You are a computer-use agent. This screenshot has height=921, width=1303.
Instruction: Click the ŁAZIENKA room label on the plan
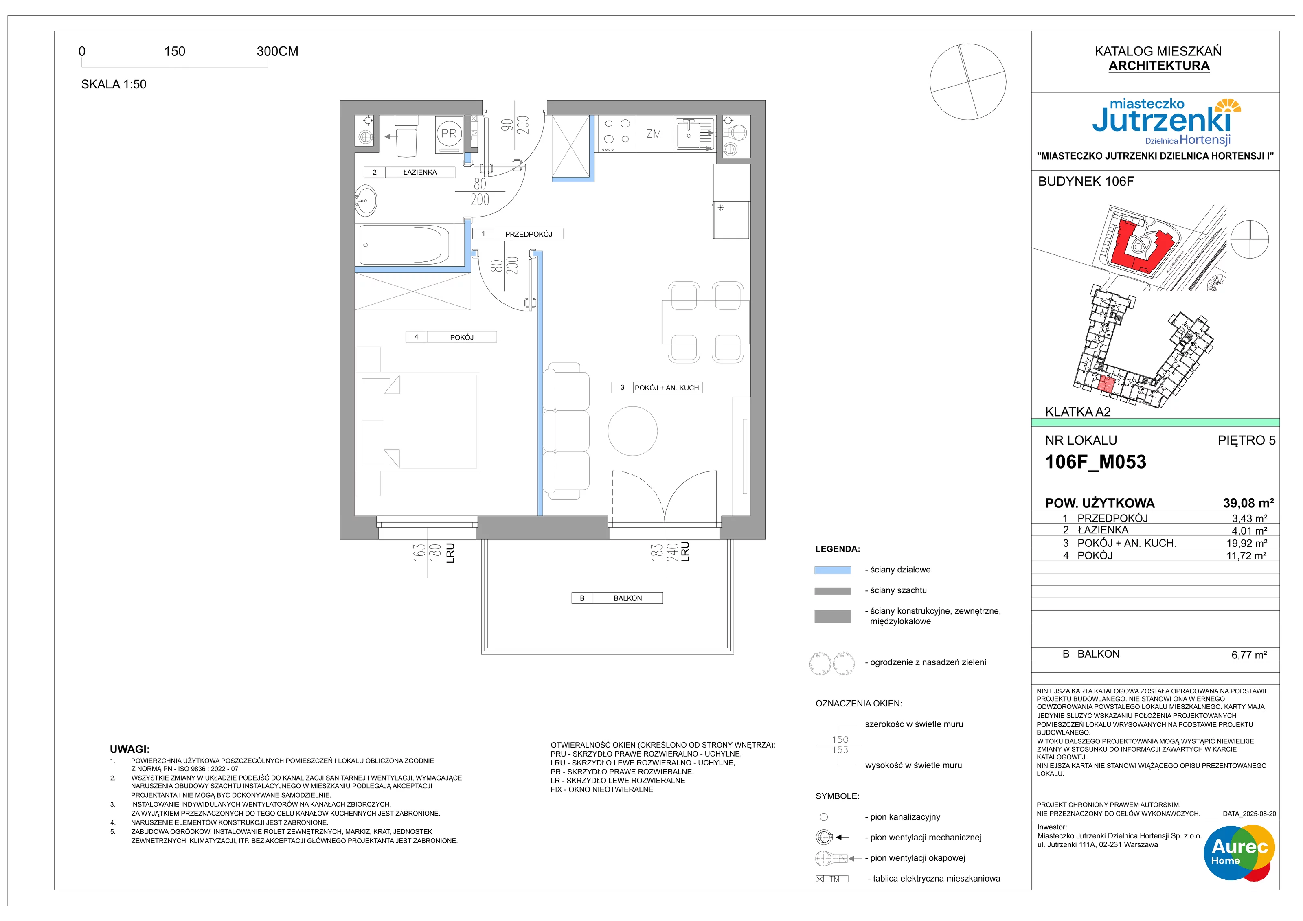point(420,172)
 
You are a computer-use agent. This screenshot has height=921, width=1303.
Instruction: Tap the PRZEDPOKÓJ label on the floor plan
point(529,234)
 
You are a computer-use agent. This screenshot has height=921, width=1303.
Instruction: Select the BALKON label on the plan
point(627,598)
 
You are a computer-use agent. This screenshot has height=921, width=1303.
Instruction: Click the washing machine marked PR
point(448,134)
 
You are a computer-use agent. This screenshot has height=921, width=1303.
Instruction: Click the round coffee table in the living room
point(632,431)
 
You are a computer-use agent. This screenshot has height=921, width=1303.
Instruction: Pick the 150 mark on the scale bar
point(175,51)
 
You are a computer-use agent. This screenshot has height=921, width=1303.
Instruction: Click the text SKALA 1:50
point(114,84)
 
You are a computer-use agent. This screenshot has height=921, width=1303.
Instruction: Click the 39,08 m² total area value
point(1248,503)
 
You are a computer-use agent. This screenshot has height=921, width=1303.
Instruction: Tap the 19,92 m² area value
point(1247,543)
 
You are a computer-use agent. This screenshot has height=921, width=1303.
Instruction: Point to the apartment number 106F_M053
point(1095,462)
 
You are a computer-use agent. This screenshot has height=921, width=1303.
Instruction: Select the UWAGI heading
point(130,749)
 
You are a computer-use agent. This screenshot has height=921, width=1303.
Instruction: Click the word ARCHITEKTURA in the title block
point(1159,66)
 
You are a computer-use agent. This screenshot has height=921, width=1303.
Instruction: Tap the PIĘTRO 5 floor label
point(1246,441)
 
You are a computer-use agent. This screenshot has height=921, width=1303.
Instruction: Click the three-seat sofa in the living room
point(566,431)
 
